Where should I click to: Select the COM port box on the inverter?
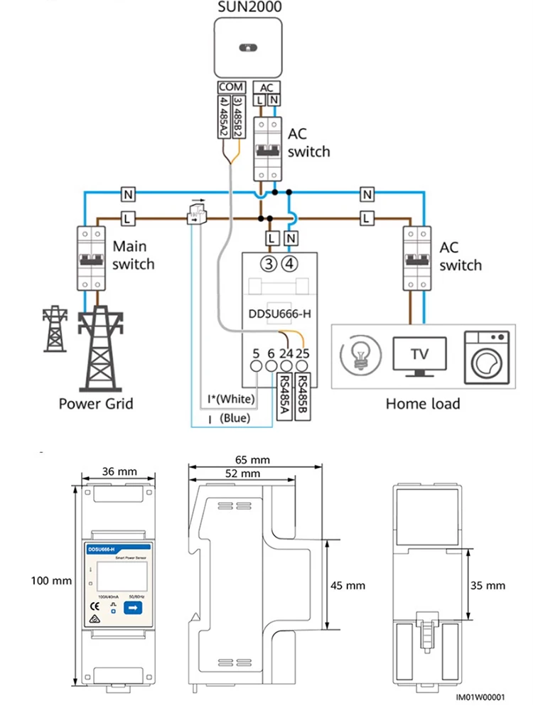pyautogui.click(x=230, y=87)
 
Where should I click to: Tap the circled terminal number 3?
pyautogui.click(x=269, y=264)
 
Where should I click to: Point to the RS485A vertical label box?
pyautogui.click(x=285, y=396)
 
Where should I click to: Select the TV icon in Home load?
pyautogui.click(x=420, y=353)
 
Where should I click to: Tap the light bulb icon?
pyautogui.click(x=360, y=354)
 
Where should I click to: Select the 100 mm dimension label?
pyautogui.click(x=51, y=581)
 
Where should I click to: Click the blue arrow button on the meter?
pyautogui.click(x=133, y=607)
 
